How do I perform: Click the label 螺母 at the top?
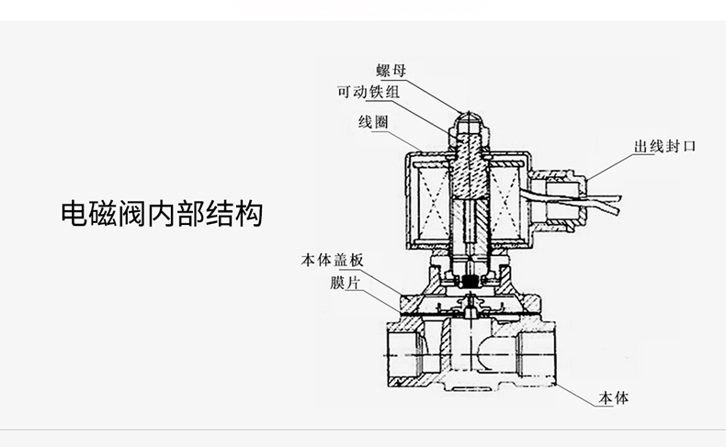(x=391, y=70)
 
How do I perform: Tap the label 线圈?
(x=372, y=123)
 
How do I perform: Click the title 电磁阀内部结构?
(x=161, y=213)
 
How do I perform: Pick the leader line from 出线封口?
(x=606, y=164)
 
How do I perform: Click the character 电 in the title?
(x=73, y=213)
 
